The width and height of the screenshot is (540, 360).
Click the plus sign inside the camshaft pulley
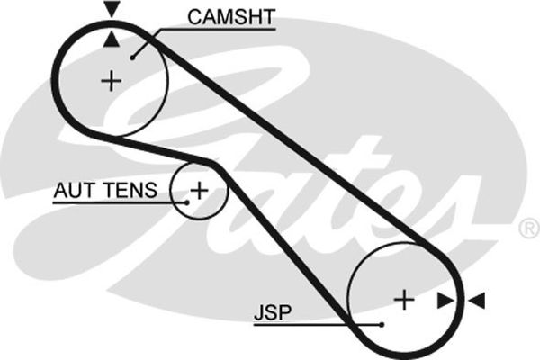111,81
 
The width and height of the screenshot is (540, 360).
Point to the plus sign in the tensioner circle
198,190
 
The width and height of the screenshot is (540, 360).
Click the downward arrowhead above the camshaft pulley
111,10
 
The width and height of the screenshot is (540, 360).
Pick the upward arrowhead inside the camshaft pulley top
111,39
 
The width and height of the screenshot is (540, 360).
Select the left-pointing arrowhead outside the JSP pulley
476,299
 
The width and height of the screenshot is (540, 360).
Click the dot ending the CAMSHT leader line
133,57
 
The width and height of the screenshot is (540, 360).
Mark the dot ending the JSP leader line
382,324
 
